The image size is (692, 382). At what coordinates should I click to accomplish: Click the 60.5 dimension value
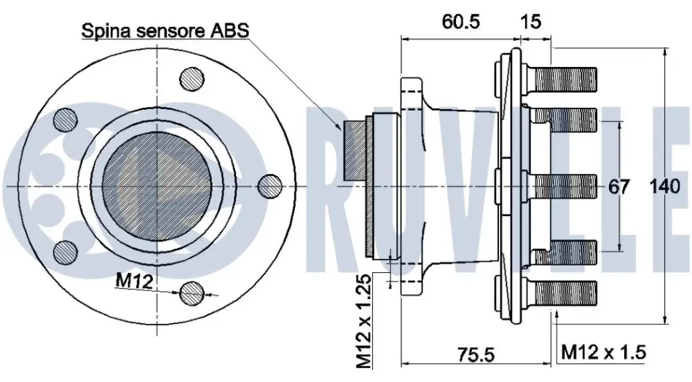point(461,21)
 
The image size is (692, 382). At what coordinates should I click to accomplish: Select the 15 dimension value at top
point(530,21)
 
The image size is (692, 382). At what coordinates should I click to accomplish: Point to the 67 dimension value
point(618,187)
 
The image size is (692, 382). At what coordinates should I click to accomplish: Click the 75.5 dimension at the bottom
point(476,354)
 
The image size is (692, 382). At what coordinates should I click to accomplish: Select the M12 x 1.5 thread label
point(603,352)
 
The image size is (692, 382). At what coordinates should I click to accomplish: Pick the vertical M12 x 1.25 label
point(364,322)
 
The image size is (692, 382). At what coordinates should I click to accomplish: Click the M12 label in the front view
point(134,280)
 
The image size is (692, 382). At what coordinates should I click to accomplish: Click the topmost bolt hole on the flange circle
point(192,80)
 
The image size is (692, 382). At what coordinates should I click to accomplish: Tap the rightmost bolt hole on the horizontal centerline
point(270,186)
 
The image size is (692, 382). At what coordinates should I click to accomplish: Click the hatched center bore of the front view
point(157,186)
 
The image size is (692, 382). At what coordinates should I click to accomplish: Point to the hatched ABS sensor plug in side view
point(355,151)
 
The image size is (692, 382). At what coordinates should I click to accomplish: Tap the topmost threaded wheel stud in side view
point(560,79)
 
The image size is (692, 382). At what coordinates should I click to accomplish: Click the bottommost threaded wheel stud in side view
point(560,293)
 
